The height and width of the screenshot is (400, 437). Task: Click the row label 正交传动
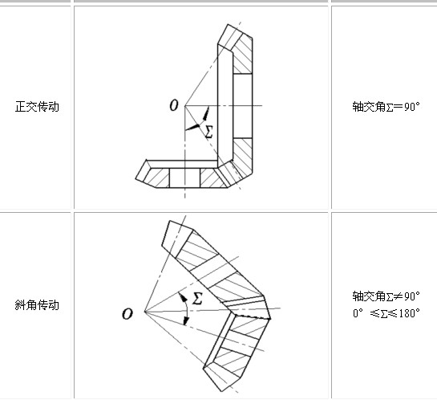tap(37, 107)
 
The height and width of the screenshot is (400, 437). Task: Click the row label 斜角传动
tap(37, 304)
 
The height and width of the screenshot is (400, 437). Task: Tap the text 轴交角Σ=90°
tap(386, 107)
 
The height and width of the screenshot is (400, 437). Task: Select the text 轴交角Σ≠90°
tap(386, 296)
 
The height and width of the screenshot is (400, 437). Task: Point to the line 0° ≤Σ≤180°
tap(386, 313)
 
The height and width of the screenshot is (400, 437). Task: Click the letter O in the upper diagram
tap(174, 105)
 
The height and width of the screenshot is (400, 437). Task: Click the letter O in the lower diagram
tap(127, 314)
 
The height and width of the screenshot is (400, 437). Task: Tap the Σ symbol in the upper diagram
tap(209, 132)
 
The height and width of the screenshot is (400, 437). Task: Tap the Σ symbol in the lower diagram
tap(197, 298)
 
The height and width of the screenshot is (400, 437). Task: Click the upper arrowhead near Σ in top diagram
tap(206, 113)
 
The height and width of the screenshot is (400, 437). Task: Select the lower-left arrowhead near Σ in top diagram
tap(192, 127)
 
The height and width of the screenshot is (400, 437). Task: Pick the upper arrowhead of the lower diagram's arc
tap(183, 297)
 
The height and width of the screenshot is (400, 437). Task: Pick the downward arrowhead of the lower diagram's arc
tap(186, 320)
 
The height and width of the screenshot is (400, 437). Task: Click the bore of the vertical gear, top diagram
tap(242, 106)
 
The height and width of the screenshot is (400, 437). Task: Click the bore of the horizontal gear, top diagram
tap(184, 178)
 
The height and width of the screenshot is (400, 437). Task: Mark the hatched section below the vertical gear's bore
tap(243, 157)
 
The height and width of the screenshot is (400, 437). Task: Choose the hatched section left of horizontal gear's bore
tap(157, 178)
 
